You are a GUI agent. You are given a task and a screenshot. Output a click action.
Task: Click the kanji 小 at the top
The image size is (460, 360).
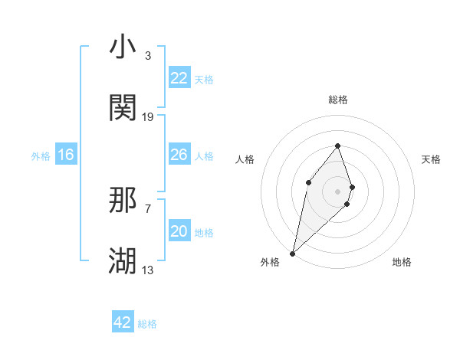coord(123,47)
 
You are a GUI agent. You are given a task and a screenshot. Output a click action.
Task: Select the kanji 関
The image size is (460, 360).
coord(123,108)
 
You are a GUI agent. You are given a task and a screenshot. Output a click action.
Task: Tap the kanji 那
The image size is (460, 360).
coord(123,201)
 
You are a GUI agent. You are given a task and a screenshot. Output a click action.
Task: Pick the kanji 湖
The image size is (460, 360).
coord(123,261)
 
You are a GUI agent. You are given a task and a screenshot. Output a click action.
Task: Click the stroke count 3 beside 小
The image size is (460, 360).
coord(147,56)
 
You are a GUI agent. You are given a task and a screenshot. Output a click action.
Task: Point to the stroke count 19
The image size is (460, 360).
coord(148,117)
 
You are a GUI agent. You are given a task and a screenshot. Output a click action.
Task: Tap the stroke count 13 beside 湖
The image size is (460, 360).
coord(148,270)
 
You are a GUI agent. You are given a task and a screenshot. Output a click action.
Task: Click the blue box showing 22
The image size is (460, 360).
coord(179,78)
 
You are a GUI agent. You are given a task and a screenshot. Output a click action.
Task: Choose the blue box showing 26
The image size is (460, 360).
coord(179,155)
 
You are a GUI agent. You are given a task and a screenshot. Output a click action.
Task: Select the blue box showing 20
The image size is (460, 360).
coord(179,231)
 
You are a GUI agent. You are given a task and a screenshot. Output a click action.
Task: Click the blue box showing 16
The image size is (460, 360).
coord(66,155)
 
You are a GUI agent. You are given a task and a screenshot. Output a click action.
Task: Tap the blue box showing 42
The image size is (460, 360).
coord(123,322)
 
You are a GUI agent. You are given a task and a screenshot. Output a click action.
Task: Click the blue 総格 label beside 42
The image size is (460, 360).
coord(147,324)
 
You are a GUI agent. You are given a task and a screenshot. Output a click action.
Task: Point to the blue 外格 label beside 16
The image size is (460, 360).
coord(41,156)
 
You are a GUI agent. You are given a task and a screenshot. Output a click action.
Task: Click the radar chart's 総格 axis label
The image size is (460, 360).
coord(337,100)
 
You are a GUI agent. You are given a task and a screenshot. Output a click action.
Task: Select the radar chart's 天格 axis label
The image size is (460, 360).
coord(432,159)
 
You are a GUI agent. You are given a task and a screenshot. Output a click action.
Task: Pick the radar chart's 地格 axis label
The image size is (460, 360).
coord(402,262)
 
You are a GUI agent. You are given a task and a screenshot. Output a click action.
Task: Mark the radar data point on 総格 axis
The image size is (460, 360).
coord(337,146)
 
